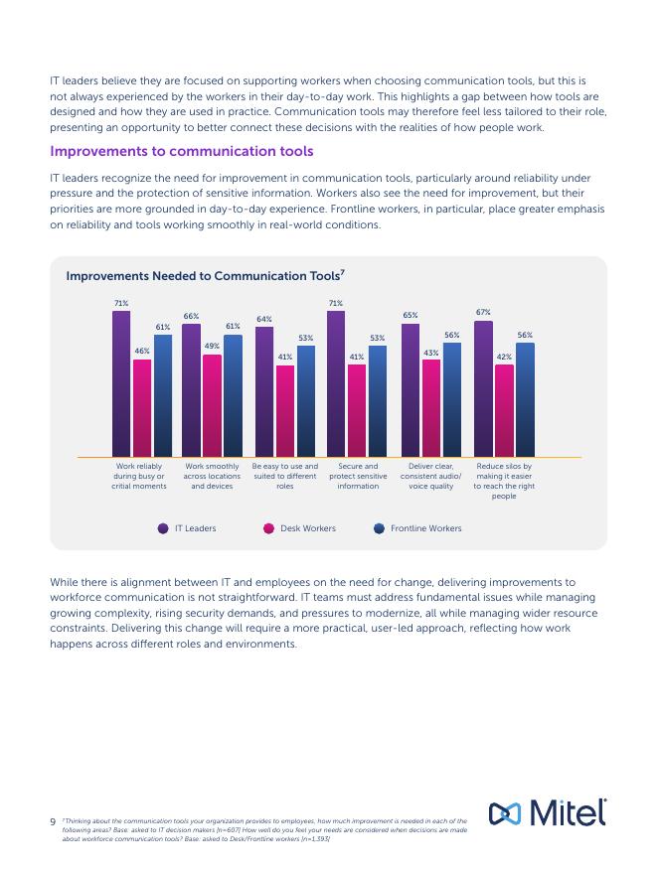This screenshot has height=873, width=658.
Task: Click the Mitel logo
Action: click(547, 812)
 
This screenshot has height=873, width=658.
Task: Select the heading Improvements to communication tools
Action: click(182, 151)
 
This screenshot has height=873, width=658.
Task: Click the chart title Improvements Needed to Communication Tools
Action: click(205, 275)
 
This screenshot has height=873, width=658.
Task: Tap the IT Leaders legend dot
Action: click(163, 528)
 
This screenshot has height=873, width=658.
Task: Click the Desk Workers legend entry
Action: click(300, 528)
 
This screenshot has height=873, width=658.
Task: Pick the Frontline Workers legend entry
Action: click(417, 528)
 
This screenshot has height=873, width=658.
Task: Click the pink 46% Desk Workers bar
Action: click(142, 408)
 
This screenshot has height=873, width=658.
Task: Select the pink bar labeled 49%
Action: click(213, 406)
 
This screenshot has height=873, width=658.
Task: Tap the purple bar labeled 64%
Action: click(264, 392)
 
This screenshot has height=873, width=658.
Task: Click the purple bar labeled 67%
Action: click(483, 388)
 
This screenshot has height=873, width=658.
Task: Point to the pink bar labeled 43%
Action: click(431, 408)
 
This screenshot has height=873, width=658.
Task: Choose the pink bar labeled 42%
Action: click(504, 411)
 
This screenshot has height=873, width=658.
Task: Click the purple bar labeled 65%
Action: click(411, 390)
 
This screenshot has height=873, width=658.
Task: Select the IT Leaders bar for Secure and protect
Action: click(336, 384)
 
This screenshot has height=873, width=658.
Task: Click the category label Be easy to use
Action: click(284, 476)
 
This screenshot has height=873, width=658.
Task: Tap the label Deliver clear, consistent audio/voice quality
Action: click(430, 476)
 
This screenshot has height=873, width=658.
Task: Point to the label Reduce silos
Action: click(504, 481)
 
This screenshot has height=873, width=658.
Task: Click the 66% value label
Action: click(191, 316)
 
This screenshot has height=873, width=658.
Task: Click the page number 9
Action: click(53, 821)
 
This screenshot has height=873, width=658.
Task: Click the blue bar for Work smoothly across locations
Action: click(233, 396)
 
